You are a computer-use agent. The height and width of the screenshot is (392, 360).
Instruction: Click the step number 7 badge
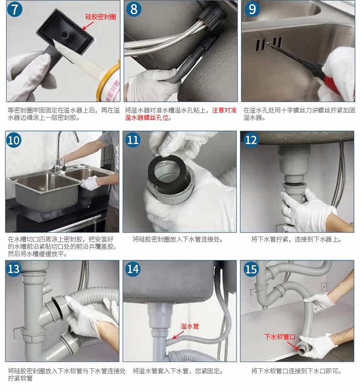pyautogui.click(x=15, y=10)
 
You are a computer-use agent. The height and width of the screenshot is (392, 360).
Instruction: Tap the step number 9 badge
pyautogui.click(x=252, y=9)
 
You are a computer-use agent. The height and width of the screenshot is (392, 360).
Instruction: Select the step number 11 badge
pyautogui.click(x=133, y=140)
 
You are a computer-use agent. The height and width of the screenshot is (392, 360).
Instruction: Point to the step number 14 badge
pyautogui.click(x=133, y=269)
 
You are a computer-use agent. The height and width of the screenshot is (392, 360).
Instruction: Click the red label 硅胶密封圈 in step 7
pyautogui.click(x=101, y=17)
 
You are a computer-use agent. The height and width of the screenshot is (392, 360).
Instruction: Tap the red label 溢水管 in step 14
pyautogui.click(x=190, y=326)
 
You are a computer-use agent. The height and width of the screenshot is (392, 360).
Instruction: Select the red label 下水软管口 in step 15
pyautogui.click(x=280, y=337)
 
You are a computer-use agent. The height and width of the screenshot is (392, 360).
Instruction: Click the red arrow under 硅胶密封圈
pyautogui.click(x=88, y=26)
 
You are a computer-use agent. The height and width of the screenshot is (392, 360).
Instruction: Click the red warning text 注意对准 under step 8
pyautogui.click(x=224, y=110)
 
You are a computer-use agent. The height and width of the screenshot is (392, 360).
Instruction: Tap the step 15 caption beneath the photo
pyautogui.click(x=296, y=371)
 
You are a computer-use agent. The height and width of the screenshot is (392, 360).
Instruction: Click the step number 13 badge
pyautogui.click(x=14, y=269)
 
